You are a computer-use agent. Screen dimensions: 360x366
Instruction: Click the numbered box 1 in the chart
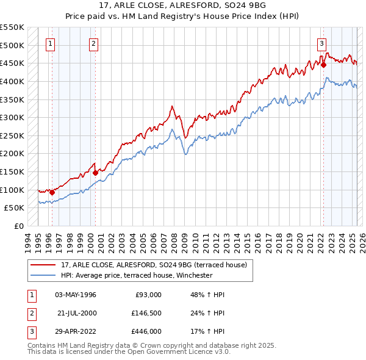click(x=49, y=43)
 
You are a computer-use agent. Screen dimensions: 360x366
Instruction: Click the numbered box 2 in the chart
click(x=93, y=43)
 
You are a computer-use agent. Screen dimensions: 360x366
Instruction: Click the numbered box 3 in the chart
click(x=321, y=43)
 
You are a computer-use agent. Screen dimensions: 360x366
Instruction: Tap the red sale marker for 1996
click(x=52, y=192)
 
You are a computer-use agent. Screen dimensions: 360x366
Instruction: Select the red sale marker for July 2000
click(x=96, y=173)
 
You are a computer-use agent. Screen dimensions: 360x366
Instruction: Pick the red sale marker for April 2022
click(x=324, y=65)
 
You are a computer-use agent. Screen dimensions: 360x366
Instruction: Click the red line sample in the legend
click(x=44, y=265)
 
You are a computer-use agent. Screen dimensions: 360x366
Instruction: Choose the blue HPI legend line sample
click(x=44, y=275)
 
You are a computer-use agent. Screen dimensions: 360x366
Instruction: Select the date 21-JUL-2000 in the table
click(x=77, y=313)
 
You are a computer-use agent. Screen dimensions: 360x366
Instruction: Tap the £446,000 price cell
click(x=146, y=331)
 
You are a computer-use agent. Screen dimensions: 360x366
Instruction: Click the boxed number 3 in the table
click(x=30, y=331)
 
